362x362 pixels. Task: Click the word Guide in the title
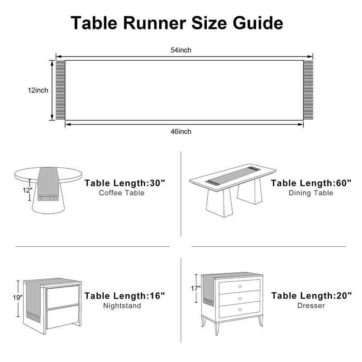click(x=257, y=23)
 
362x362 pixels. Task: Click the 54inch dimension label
click(x=181, y=50)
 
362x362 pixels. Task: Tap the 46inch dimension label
click(x=181, y=132)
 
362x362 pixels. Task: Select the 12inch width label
click(x=38, y=90)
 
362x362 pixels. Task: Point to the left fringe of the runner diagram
click(x=60, y=90)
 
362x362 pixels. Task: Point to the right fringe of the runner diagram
click(x=308, y=90)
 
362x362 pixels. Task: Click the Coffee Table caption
click(x=122, y=193)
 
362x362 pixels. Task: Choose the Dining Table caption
click(x=311, y=193)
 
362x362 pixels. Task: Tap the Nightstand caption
click(x=122, y=306)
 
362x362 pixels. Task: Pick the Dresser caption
click(x=311, y=305)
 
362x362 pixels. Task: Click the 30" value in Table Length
click(x=157, y=183)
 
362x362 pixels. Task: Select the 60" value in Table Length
click(x=343, y=183)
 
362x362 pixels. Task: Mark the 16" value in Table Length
click(x=157, y=296)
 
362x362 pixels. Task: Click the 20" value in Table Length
click(x=344, y=295)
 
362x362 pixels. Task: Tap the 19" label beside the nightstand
click(x=18, y=298)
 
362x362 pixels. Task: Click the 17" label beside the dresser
click(x=196, y=288)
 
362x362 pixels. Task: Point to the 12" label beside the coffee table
click(x=28, y=190)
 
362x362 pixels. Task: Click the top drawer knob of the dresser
click(x=240, y=286)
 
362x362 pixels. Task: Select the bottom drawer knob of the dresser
click(x=240, y=310)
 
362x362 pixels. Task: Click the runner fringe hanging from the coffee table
click(x=48, y=198)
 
